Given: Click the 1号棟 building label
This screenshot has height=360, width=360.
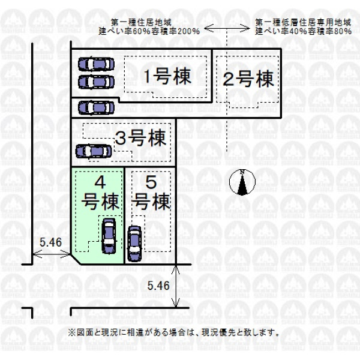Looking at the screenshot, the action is [x=168, y=76].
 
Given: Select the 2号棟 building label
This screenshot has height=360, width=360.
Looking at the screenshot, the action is [x=248, y=79].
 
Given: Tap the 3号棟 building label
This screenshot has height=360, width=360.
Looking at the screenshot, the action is [x=141, y=138].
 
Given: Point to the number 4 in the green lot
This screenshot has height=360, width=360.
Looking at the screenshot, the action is [x=100, y=183].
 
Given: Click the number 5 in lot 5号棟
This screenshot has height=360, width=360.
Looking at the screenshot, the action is [x=151, y=183].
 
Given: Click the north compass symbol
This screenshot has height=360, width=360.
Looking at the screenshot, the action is [x=242, y=182].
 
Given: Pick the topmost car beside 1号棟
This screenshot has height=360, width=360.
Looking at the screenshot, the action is [x=96, y=64].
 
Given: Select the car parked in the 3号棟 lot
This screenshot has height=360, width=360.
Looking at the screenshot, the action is [x=94, y=151].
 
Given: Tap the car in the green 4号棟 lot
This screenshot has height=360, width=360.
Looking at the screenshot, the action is [x=109, y=236].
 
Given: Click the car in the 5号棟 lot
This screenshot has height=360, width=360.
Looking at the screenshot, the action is [x=134, y=244].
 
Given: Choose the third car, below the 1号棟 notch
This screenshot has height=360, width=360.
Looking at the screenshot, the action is [x=96, y=107].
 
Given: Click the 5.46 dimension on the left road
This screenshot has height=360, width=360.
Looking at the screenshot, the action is [x=51, y=242].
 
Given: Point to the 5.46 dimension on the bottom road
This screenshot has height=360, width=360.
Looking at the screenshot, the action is [x=158, y=286].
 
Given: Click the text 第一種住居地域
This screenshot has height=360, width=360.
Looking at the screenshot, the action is [x=142, y=23].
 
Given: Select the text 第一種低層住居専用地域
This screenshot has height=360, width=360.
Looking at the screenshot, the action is [x=303, y=23].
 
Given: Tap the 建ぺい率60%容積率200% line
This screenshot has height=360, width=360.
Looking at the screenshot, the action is [x=149, y=31].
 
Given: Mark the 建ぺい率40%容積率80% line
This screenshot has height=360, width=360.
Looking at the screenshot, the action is [x=303, y=31].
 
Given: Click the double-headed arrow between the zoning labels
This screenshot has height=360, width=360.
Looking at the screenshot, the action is [x=227, y=28].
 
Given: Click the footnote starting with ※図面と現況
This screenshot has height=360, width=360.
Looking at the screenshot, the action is [x=173, y=332].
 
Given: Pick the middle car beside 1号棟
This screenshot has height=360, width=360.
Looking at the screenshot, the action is [x=96, y=82].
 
